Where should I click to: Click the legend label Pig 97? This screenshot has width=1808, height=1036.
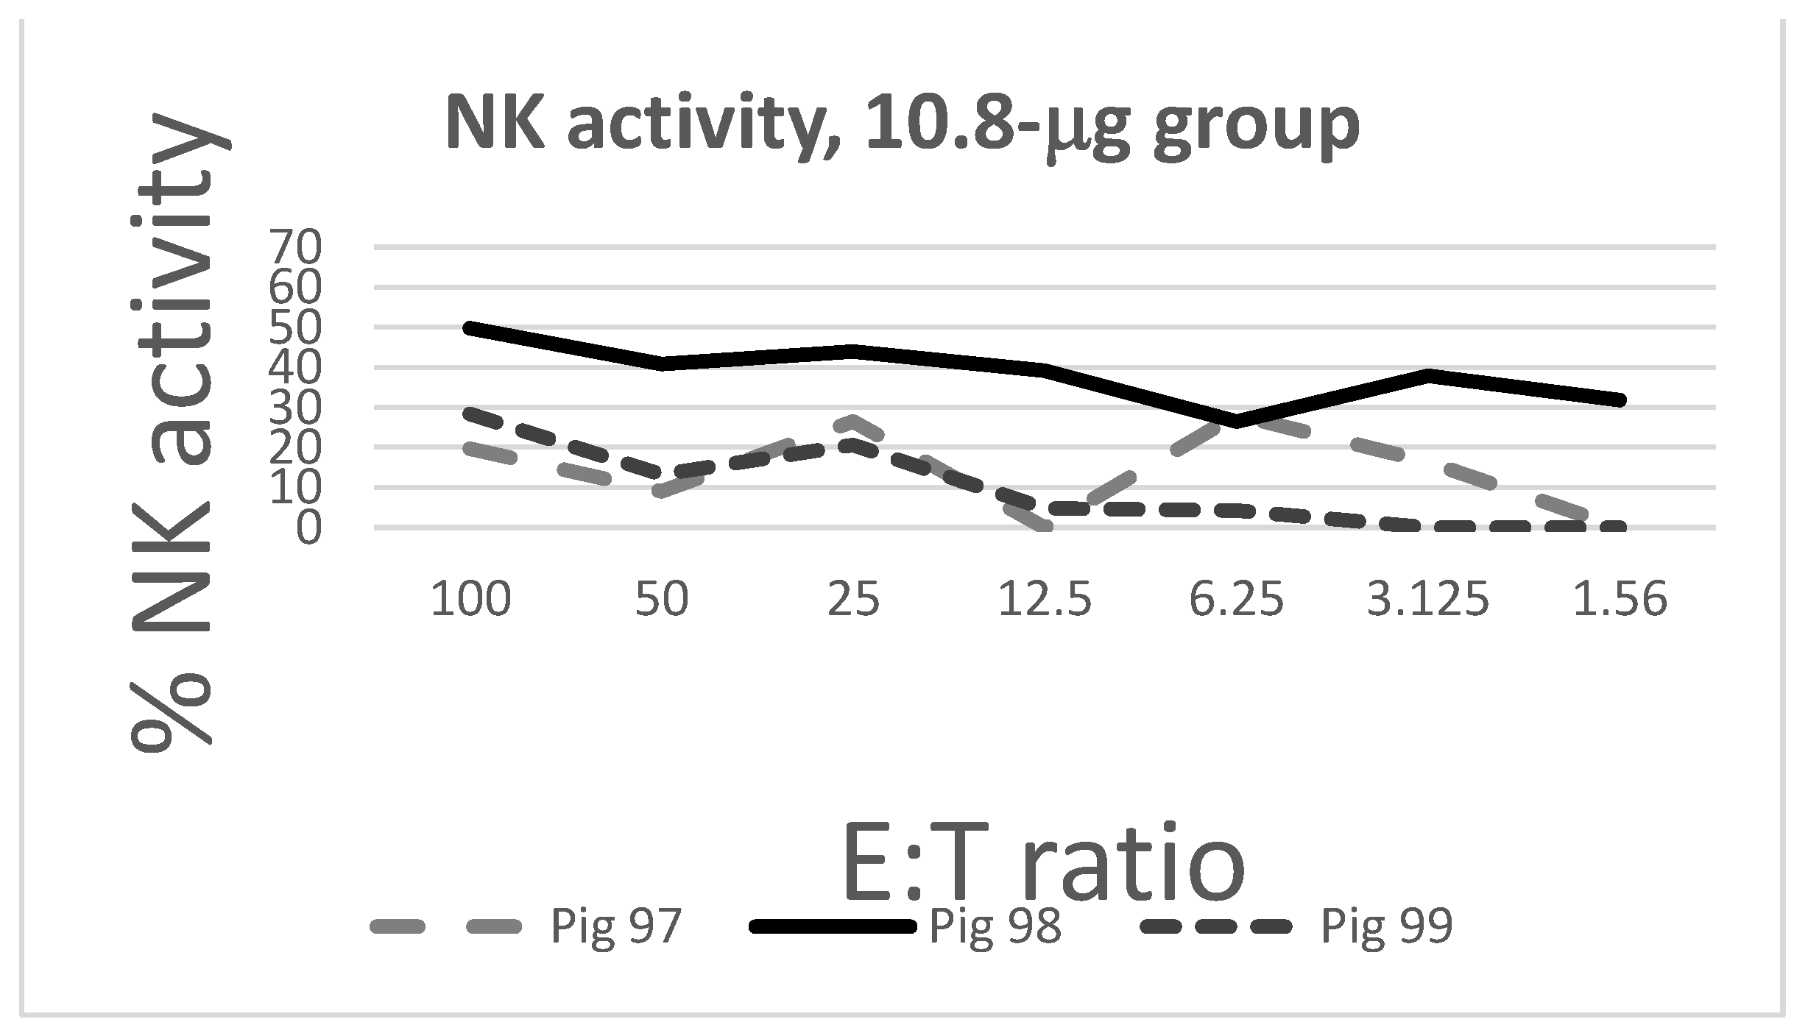point(615,926)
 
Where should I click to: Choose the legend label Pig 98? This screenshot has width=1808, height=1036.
point(995,926)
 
